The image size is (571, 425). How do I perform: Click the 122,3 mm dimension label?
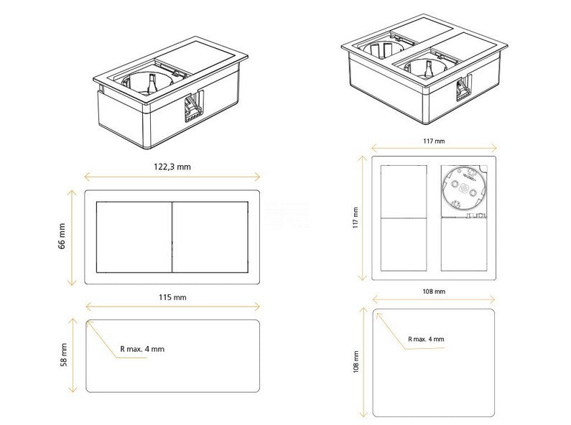172,167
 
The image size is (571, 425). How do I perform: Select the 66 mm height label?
62,236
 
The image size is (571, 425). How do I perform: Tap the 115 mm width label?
172,297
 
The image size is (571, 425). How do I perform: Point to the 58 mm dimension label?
64,355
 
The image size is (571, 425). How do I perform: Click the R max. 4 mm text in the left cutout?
142,349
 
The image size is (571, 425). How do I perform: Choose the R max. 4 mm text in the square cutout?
426,339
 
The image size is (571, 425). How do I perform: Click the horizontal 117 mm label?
434,141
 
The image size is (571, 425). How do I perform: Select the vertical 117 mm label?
356,218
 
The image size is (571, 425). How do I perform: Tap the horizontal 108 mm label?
434,291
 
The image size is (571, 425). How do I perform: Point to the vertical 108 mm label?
356,362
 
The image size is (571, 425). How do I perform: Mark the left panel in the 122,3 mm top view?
134,237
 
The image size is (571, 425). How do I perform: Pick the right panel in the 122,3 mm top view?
210,237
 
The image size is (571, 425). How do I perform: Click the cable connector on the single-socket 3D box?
192,107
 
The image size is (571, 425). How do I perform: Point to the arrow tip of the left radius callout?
88,322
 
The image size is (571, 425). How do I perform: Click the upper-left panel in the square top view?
404,192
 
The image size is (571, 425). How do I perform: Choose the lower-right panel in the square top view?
464,245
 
